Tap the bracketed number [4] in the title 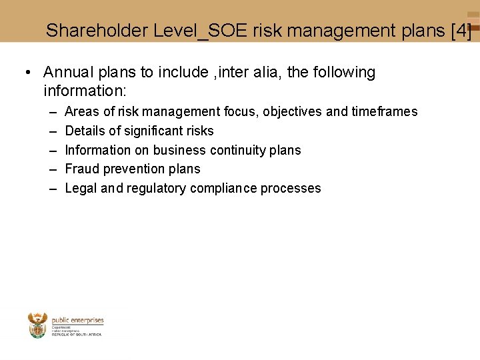[x=461, y=31]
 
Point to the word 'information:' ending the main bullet [x=85, y=89]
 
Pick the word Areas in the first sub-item [x=81, y=111]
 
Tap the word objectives [x=293, y=112]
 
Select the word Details [x=85, y=131]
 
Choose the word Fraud [x=80, y=169]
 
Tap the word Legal [x=81, y=188]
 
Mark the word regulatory [x=157, y=189]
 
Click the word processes [x=291, y=189]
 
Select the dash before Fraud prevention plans [x=53, y=169]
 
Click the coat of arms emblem [x=38, y=325]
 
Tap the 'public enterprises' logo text [x=77, y=321]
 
